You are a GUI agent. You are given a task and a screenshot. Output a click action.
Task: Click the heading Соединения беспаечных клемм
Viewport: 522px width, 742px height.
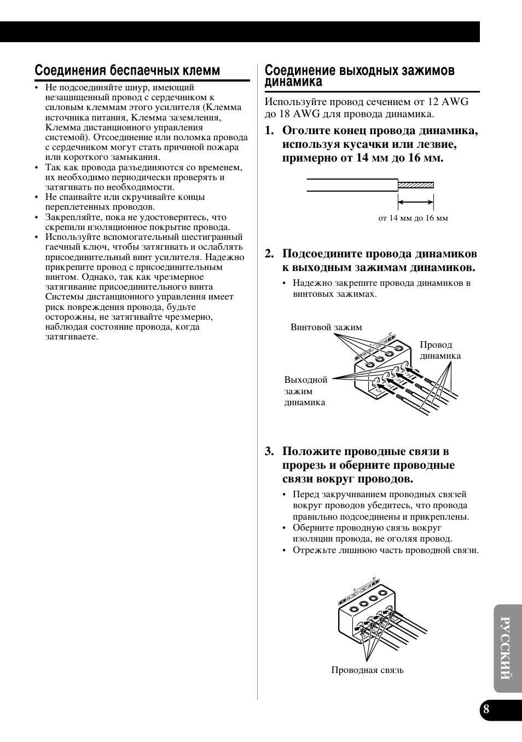127,71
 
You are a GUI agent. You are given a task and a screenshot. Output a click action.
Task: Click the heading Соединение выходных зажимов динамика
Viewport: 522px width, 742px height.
359,76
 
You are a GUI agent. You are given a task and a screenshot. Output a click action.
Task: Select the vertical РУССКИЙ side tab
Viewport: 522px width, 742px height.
506,649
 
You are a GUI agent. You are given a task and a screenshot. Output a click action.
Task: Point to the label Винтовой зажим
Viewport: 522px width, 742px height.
326,327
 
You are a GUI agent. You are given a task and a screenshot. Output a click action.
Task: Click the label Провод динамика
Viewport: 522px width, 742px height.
439,350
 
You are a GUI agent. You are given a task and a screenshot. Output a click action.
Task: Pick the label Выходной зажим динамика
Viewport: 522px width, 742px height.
305,391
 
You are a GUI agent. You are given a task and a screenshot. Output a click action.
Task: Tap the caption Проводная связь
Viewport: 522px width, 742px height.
367,670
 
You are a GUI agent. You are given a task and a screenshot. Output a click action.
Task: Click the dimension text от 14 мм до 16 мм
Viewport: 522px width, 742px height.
413,218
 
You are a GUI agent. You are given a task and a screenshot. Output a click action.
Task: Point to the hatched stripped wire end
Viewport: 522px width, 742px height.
416,185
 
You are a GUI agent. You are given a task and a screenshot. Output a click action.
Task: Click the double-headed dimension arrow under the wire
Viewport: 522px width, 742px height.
416,202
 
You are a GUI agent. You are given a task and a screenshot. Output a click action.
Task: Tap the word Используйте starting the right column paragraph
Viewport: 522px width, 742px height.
292,102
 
